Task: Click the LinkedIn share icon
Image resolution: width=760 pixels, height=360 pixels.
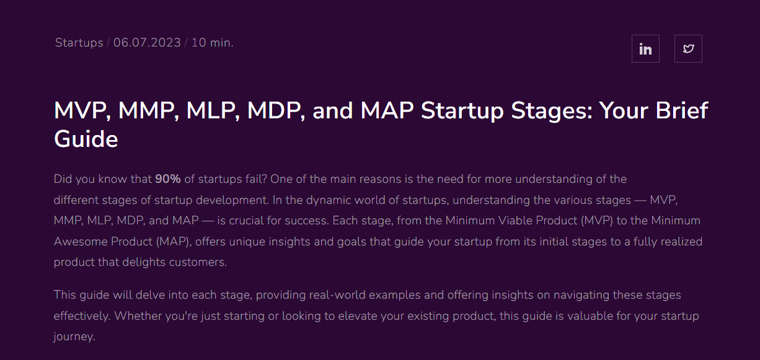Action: point(645,49)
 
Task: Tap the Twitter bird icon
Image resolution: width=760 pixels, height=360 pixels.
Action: point(688,49)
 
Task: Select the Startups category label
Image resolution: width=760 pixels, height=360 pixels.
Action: point(79,43)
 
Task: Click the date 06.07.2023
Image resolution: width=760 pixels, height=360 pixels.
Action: point(147,43)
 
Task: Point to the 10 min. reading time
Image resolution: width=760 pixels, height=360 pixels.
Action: point(212,43)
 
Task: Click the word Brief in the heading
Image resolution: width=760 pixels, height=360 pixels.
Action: point(680,111)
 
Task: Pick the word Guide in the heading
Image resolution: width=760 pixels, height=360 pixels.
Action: point(86,139)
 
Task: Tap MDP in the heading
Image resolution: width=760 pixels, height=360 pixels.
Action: point(273,111)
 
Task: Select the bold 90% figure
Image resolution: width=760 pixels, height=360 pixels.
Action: point(168,179)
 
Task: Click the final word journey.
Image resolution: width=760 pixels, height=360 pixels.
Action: point(74,337)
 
